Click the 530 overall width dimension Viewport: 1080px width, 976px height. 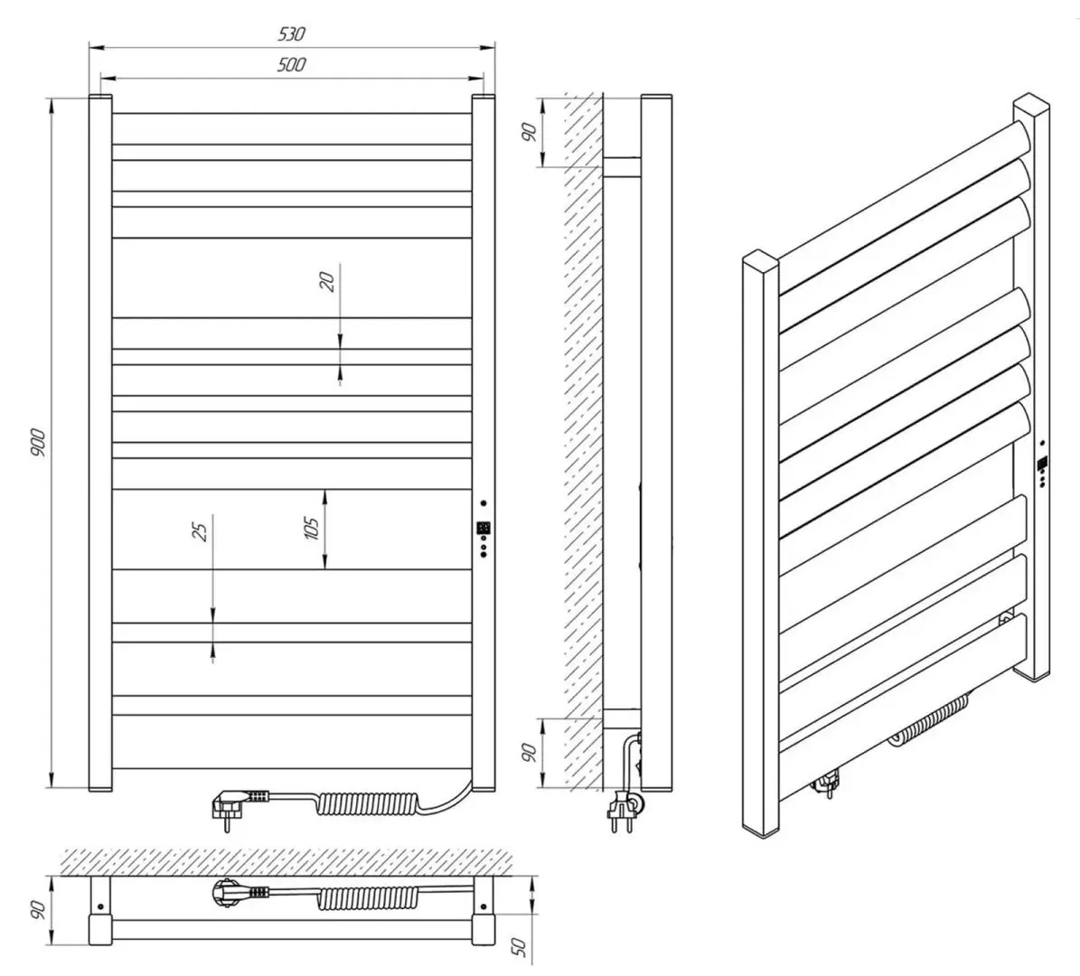coord(291,34)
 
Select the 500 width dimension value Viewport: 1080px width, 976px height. coord(291,64)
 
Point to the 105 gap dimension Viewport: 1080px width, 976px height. coord(312,529)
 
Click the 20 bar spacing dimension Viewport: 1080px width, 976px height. coord(328,280)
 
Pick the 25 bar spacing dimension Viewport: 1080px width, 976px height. coord(201,528)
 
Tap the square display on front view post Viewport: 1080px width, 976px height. coord(484,529)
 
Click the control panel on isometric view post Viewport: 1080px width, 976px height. coord(1042,465)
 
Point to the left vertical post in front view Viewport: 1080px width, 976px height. coord(99,443)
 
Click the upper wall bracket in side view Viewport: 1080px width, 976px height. coord(621,166)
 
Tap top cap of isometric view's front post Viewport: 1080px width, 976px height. coord(761,263)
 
